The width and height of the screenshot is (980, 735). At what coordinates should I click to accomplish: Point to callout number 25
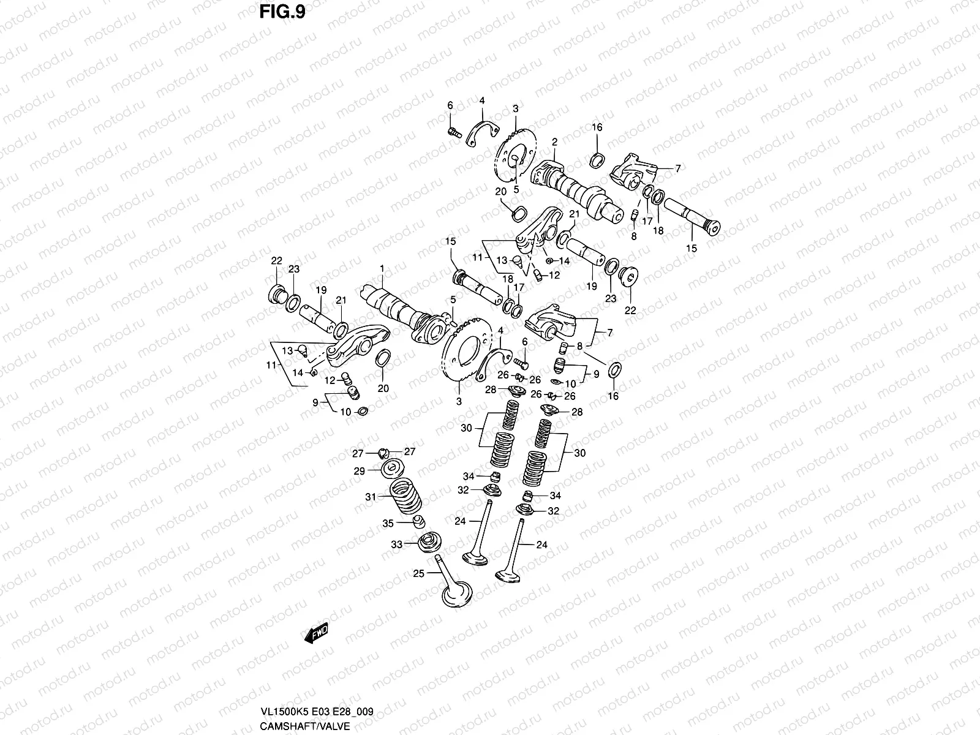coord(418,573)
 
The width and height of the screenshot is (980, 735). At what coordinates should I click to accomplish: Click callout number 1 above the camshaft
coord(382,268)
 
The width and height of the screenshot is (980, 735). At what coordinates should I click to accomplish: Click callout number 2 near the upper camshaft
coord(554,141)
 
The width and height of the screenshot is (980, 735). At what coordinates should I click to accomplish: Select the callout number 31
coord(370,497)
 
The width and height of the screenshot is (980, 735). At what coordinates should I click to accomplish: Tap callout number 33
coord(396,544)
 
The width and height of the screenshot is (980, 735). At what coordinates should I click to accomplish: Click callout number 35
coord(388,523)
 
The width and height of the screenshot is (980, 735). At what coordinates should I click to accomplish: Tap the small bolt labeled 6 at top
coord(453,130)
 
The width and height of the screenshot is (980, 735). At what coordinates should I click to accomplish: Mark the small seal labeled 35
coord(418,522)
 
